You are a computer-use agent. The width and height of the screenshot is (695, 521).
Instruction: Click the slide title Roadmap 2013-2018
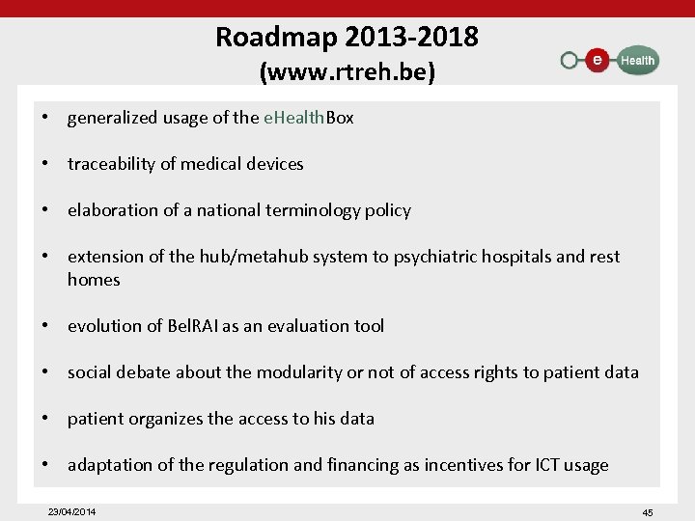[x=347, y=37]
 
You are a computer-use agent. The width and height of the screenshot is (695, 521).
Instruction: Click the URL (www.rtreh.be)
[x=347, y=71]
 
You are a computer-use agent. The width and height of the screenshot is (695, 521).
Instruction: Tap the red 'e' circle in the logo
[x=598, y=60]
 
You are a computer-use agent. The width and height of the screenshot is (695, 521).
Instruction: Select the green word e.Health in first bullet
[x=293, y=118]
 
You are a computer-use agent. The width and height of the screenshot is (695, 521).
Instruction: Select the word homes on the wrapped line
[x=94, y=280]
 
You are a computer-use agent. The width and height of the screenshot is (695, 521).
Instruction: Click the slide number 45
[x=647, y=512]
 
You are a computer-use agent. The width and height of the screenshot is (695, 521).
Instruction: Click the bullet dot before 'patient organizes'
[x=45, y=419]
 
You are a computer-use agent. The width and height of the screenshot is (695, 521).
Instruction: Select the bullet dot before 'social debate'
[x=45, y=372]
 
